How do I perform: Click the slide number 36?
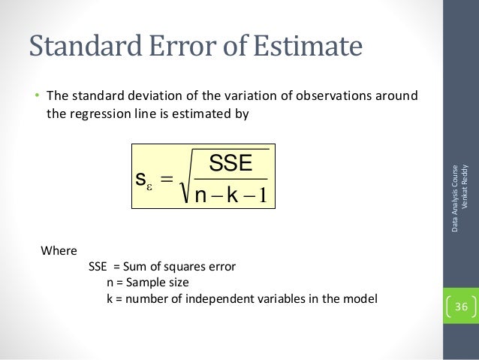(461, 307)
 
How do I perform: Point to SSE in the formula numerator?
(230, 163)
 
